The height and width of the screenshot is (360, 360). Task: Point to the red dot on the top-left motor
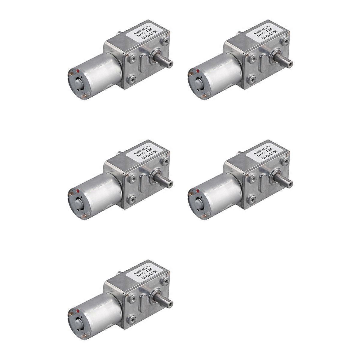(x=78, y=71)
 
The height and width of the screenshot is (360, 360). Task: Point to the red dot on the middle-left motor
(x=78, y=191)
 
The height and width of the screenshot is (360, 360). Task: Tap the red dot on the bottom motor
(x=78, y=310)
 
